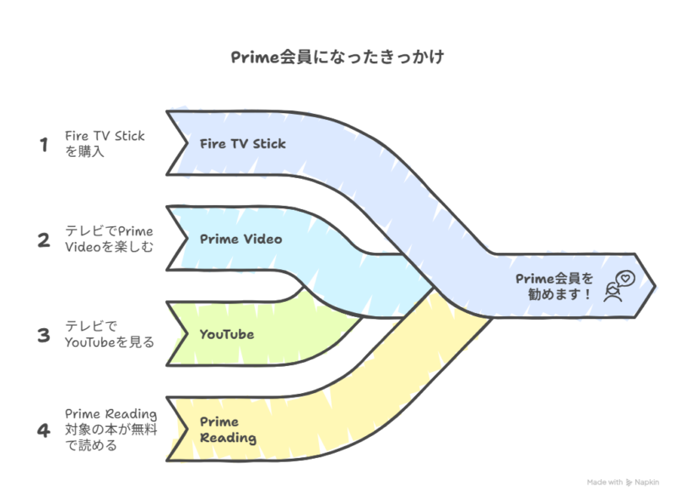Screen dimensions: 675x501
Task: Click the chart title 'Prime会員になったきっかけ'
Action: pos(337,57)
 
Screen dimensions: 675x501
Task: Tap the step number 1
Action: pos(44,144)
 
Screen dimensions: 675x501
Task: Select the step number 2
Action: pos(44,240)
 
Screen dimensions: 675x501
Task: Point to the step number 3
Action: pos(44,336)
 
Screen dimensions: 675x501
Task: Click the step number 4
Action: pos(44,430)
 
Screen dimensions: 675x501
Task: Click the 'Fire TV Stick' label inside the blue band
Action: pos(243,143)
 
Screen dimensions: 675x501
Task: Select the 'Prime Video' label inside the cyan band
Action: pos(241,240)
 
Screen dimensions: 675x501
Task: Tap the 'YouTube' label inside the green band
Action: pos(227,335)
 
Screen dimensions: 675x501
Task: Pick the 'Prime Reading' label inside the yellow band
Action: pos(228,430)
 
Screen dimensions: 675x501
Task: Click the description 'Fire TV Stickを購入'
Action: pos(105,143)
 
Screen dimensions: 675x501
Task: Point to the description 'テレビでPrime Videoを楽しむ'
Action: pos(109,240)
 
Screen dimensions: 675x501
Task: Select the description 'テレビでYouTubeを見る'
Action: pos(110,335)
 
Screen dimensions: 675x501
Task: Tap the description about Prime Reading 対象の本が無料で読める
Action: pos(111,429)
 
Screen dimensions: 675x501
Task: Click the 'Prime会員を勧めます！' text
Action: pos(554,287)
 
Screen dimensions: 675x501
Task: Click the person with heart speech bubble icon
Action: pos(619,286)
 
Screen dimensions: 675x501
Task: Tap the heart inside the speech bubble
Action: pos(625,278)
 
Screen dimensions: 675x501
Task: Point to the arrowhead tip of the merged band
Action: pos(655,286)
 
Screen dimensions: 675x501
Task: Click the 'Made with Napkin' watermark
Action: pos(623,482)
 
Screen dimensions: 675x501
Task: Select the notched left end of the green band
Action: pos(177,334)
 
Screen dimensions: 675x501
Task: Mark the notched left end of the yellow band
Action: pos(177,429)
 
